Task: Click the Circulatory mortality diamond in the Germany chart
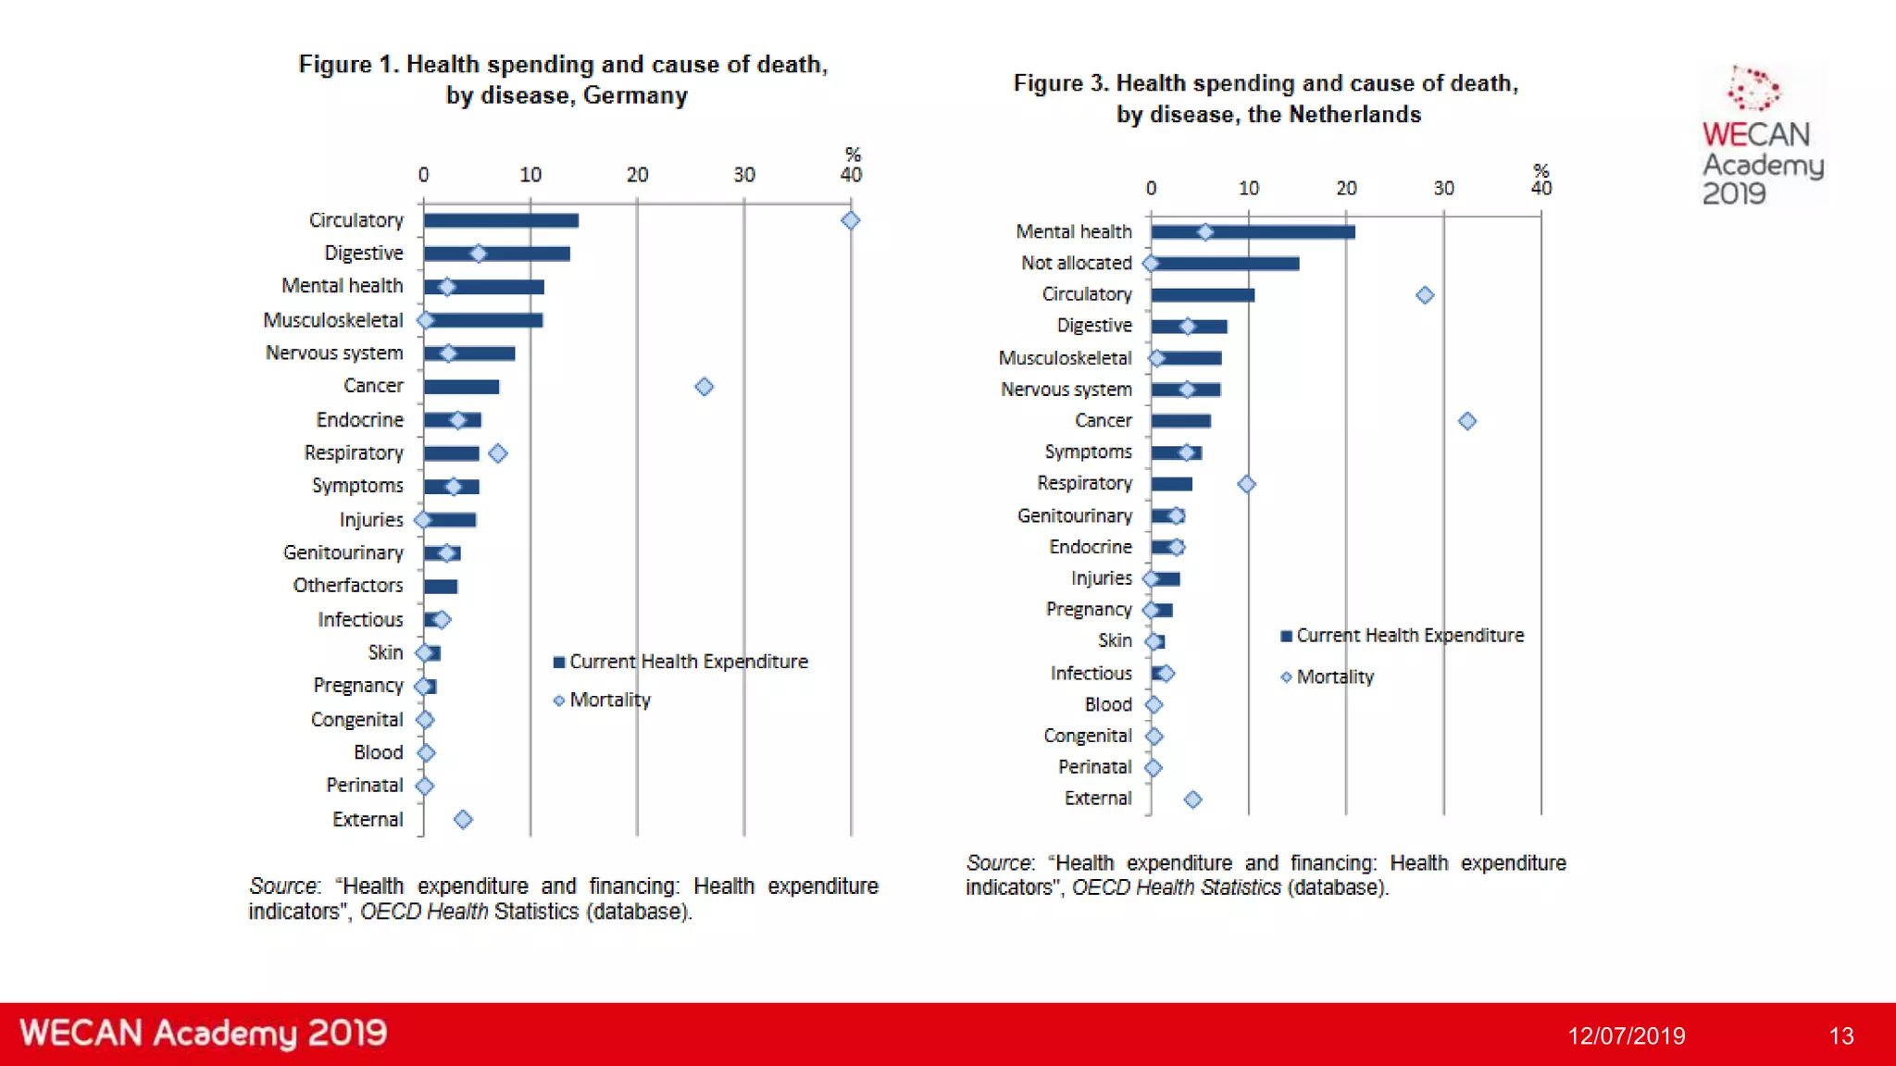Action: [x=851, y=220]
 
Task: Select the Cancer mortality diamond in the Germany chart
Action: [x=705, y=387]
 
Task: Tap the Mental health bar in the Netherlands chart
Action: [x=1254, y=232]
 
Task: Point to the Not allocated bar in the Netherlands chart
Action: [x=1226, y=264]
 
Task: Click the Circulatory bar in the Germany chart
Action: [x=501, y=220]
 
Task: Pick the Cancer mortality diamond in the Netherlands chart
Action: [x=1467, y=421]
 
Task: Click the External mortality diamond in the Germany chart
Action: [x=464, y=819]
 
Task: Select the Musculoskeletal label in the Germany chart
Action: [x=333, y=320]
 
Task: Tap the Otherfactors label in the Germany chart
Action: [x=348, y=586]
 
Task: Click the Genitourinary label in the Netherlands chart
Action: [x=1075, y=515]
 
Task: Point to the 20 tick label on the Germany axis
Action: [x=637, y=175]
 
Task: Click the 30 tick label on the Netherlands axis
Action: [x=1444, y=189]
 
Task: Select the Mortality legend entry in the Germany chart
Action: [x=602, y=700]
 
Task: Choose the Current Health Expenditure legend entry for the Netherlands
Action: [x=1402, y=636]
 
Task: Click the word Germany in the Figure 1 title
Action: [x=636, y=95]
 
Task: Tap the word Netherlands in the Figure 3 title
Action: [x=1355, y=115]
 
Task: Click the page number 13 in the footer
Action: [x=1841, y=1035]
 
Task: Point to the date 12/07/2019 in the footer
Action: [x=1627, y=1035]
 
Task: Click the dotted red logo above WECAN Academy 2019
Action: [x=1753, y=89]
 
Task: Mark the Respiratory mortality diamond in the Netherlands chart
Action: [x=1247, y=484]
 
